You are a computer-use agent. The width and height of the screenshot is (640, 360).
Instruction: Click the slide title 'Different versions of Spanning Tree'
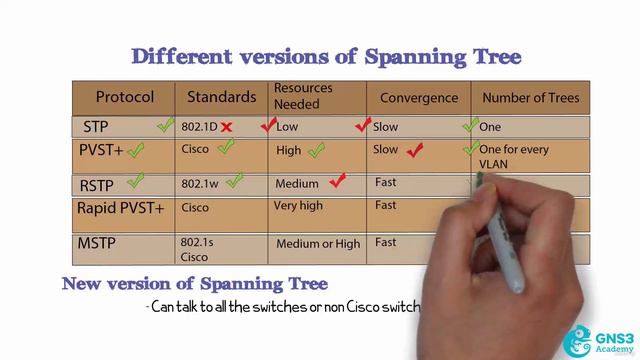(x=326, y=56)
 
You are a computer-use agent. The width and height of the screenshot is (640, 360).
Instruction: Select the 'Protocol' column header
(x=125, y=98)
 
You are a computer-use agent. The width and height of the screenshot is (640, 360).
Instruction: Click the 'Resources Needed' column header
(x=304, y=96)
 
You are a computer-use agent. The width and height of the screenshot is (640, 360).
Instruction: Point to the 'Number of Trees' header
(x=530, y=98)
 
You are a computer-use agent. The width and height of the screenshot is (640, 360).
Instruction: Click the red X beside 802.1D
(x=227, y=127)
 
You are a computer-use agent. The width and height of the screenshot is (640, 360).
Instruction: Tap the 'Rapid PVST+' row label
(x=121, y=208)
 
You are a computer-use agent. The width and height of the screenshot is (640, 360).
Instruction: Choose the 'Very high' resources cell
(x=299, y=206)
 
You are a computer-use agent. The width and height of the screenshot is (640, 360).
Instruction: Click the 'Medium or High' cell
(x=318, y=243)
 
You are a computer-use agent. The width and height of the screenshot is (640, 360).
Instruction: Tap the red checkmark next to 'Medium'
(x=337, y=181)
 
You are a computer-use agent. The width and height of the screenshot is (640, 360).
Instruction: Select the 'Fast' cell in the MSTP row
(x=385, y=242)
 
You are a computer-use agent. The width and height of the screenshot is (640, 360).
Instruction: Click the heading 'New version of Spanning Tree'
(x=195, y=284)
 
